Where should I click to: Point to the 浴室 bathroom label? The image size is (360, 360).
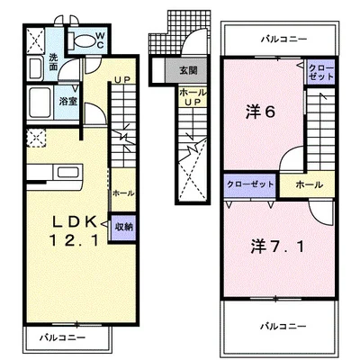click(68, 103)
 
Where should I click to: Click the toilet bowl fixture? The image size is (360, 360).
click(82, 39)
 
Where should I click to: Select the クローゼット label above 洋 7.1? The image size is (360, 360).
click(248, 184)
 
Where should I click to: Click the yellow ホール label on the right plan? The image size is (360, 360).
click(307, 184)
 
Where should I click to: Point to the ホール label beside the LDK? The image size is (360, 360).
click(122, 193)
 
